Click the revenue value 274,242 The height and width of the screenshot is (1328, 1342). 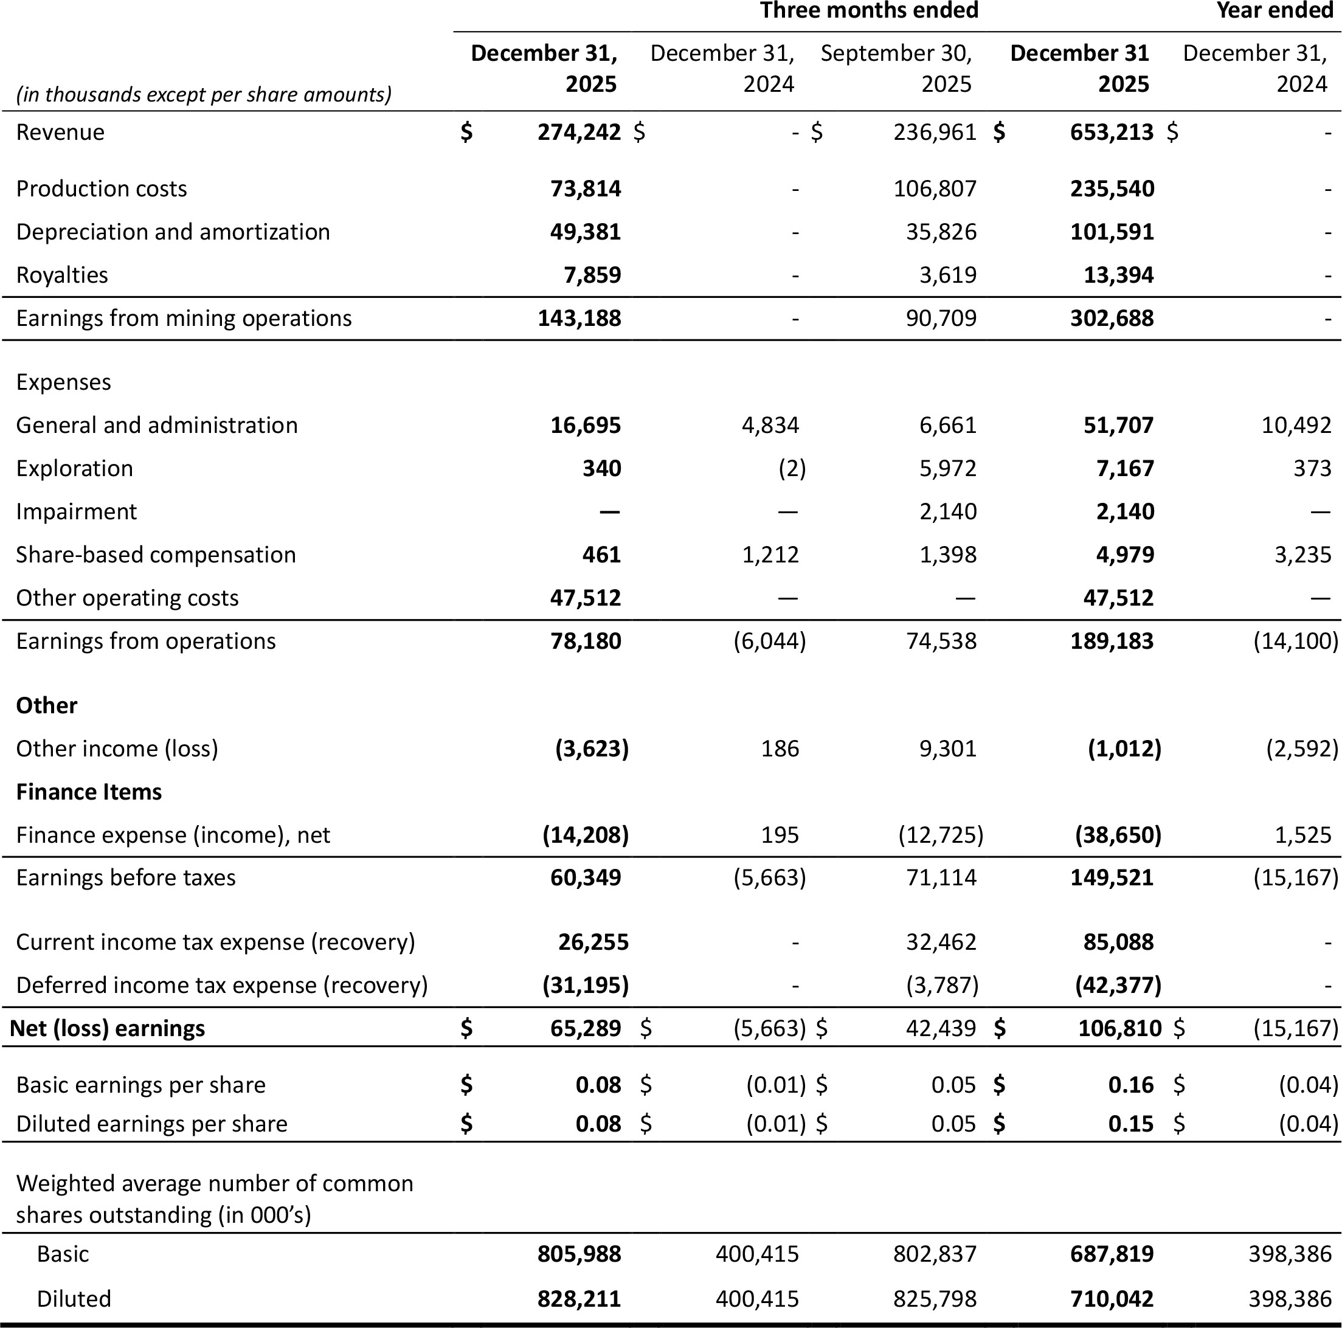tap(579, 132)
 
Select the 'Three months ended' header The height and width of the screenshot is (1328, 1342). tap(868, 11)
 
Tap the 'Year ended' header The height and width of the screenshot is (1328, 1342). tap(1274, 11)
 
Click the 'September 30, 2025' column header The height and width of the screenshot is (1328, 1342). tap(896, 68)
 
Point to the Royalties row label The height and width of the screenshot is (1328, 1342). tap(62, 275)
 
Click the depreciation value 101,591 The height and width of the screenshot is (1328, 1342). tap(1112, 232)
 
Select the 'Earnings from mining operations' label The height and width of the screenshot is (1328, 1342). tap(184, 318)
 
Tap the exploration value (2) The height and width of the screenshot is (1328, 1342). tap(791, 468)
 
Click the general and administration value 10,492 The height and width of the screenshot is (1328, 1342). tap(1296, 425)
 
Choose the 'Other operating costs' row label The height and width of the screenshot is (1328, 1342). tap(127, 598)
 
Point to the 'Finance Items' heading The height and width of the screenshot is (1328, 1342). tap(89, 792)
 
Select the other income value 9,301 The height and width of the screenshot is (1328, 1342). tap(948, 749)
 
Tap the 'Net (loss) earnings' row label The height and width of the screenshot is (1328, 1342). tap(108, 1028)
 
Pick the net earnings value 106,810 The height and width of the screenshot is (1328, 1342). tap(1119, 1028)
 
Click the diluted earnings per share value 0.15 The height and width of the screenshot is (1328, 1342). tap(1131, 1124)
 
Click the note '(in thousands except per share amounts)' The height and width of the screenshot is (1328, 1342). tap(204, 94)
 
